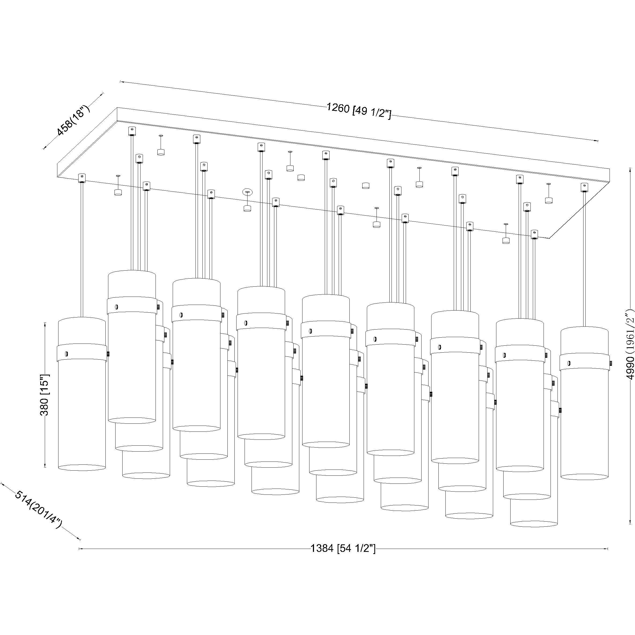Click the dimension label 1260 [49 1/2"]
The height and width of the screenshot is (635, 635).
(359, 111)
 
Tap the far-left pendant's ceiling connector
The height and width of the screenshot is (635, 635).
(82, 178)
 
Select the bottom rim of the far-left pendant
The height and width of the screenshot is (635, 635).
(82, 467)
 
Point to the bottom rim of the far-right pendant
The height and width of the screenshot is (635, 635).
(584, 477)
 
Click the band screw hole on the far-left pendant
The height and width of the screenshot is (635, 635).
(67, 354)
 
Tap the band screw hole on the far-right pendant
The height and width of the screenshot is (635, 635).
(569, 364)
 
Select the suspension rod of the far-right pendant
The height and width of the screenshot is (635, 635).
(584, 260)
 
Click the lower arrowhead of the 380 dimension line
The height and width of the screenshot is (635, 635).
(45, 466)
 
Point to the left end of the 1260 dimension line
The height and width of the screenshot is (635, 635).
(120, 81)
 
